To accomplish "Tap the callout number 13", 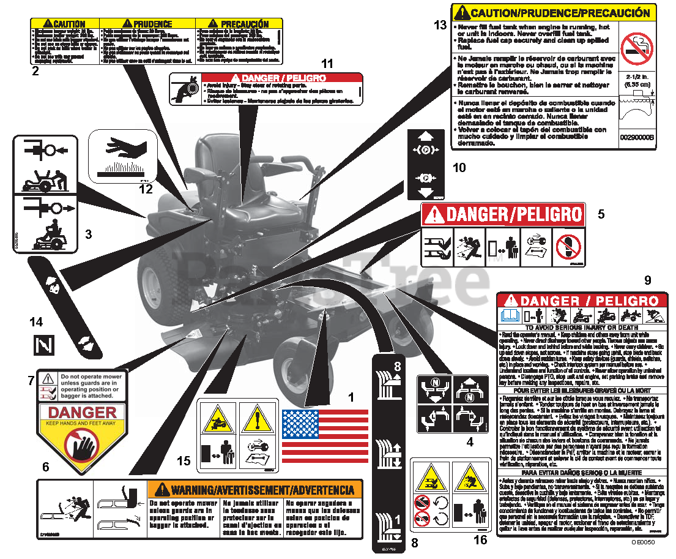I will coord(440,25).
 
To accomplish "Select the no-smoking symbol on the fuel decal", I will coord(636,47).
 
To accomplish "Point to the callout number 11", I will coord(328,63).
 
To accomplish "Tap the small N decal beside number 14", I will coord(43,345).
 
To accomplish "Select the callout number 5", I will coord(601,214).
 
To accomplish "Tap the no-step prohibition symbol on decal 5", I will coord(567,247).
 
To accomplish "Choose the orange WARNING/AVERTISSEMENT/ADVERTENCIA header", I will coord(254,490).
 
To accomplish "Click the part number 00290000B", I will coord(636,138).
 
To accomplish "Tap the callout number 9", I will coord(647,280).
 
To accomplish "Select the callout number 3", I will coord(88,233).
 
